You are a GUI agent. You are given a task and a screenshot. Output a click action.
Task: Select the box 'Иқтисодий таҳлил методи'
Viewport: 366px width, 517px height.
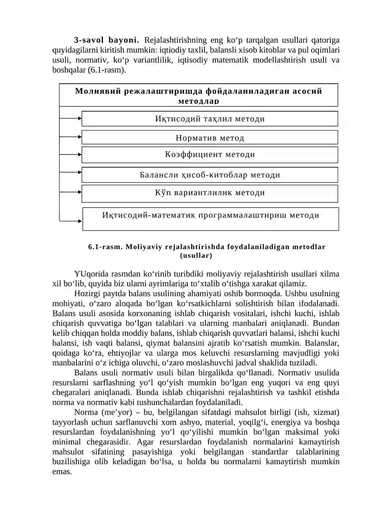pos(210,119)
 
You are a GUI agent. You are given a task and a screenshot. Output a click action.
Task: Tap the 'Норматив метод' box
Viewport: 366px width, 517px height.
pos(210,138)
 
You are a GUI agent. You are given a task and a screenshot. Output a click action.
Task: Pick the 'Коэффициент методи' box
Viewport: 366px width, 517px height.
pos(210,155)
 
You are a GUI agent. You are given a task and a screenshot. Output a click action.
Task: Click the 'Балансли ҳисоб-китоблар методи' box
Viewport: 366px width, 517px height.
pos(210,175)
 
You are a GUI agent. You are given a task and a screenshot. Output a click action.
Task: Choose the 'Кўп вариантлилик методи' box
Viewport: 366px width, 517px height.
pos(210,193)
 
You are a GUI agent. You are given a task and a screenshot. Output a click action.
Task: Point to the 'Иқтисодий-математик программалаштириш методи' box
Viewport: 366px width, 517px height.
pos(210,215)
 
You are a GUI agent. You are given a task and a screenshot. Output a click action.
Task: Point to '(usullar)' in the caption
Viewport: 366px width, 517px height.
pos(196,256)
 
